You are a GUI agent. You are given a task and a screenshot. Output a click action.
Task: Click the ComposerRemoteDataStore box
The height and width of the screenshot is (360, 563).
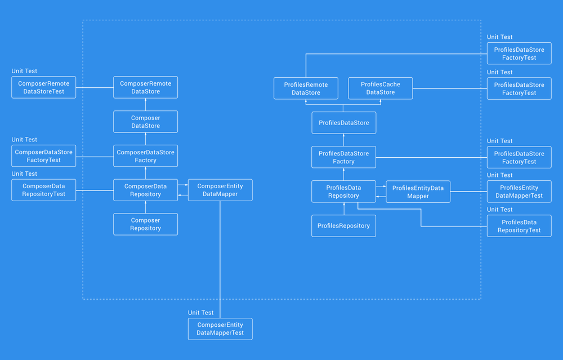pyautogui.click(x=145, y=87)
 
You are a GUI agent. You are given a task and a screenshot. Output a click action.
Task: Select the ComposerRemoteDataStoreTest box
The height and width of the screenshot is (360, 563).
pyautogui.click(x=44, y=87)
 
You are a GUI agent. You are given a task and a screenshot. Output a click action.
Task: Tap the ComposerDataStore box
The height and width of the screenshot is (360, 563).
pyautogui.click(x=145, y=122)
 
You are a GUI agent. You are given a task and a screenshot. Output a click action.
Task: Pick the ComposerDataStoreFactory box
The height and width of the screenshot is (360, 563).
pyautogui.click(x=145, y=156)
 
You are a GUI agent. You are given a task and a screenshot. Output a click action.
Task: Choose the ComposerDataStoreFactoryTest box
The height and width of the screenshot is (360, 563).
pyautogui.click(x=44, y=156)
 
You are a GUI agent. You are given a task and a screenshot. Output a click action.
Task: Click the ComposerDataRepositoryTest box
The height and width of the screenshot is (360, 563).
pyautogui.click(x=44, y=190)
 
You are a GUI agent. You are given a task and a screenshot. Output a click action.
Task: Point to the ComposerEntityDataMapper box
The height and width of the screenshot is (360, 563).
pyautogui.click(x=220, y=190)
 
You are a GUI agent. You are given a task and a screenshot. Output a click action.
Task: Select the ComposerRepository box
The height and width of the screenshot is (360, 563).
pyautogui.click(x=145, y=224)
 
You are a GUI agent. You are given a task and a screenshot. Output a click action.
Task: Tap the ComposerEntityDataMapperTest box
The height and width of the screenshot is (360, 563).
pyautogui.click(x=220, y=329)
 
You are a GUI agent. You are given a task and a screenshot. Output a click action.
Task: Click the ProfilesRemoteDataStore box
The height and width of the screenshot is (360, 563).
pyautogui.click(x=306, y=88)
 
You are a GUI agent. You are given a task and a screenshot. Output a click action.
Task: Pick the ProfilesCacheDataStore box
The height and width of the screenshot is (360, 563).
pyautogui.click(x=381, y=88)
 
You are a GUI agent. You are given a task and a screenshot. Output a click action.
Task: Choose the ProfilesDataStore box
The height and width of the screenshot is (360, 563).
pyautogui.click(x=344, y=122)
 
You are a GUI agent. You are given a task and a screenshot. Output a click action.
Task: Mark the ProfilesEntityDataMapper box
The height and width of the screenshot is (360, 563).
pyautogui.click(x=418, y=192)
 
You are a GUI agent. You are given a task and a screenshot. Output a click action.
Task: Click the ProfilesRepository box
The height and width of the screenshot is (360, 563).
pyautogui.click(x=344, y=226)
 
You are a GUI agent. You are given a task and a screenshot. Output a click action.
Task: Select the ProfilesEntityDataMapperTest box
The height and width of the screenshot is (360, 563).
pyautogui.click(x=519, y=192)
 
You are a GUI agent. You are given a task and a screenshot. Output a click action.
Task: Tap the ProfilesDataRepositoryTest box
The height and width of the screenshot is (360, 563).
pyautogui.click(x=519, y=226)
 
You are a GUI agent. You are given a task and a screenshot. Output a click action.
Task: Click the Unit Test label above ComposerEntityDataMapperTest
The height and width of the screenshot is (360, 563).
pyautogui.click(x=201, y=313)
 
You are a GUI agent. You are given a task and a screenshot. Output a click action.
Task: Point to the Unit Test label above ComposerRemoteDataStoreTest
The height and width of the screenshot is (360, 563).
pyautogui.click(x=25, y=71)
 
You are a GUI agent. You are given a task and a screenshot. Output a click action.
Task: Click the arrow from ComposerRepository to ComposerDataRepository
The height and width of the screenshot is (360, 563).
pyautogui.click(x=145, y=207)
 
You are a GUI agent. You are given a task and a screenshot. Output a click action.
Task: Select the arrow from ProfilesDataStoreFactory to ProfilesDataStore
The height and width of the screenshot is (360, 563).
pyautogui.click(x=344, y=140)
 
